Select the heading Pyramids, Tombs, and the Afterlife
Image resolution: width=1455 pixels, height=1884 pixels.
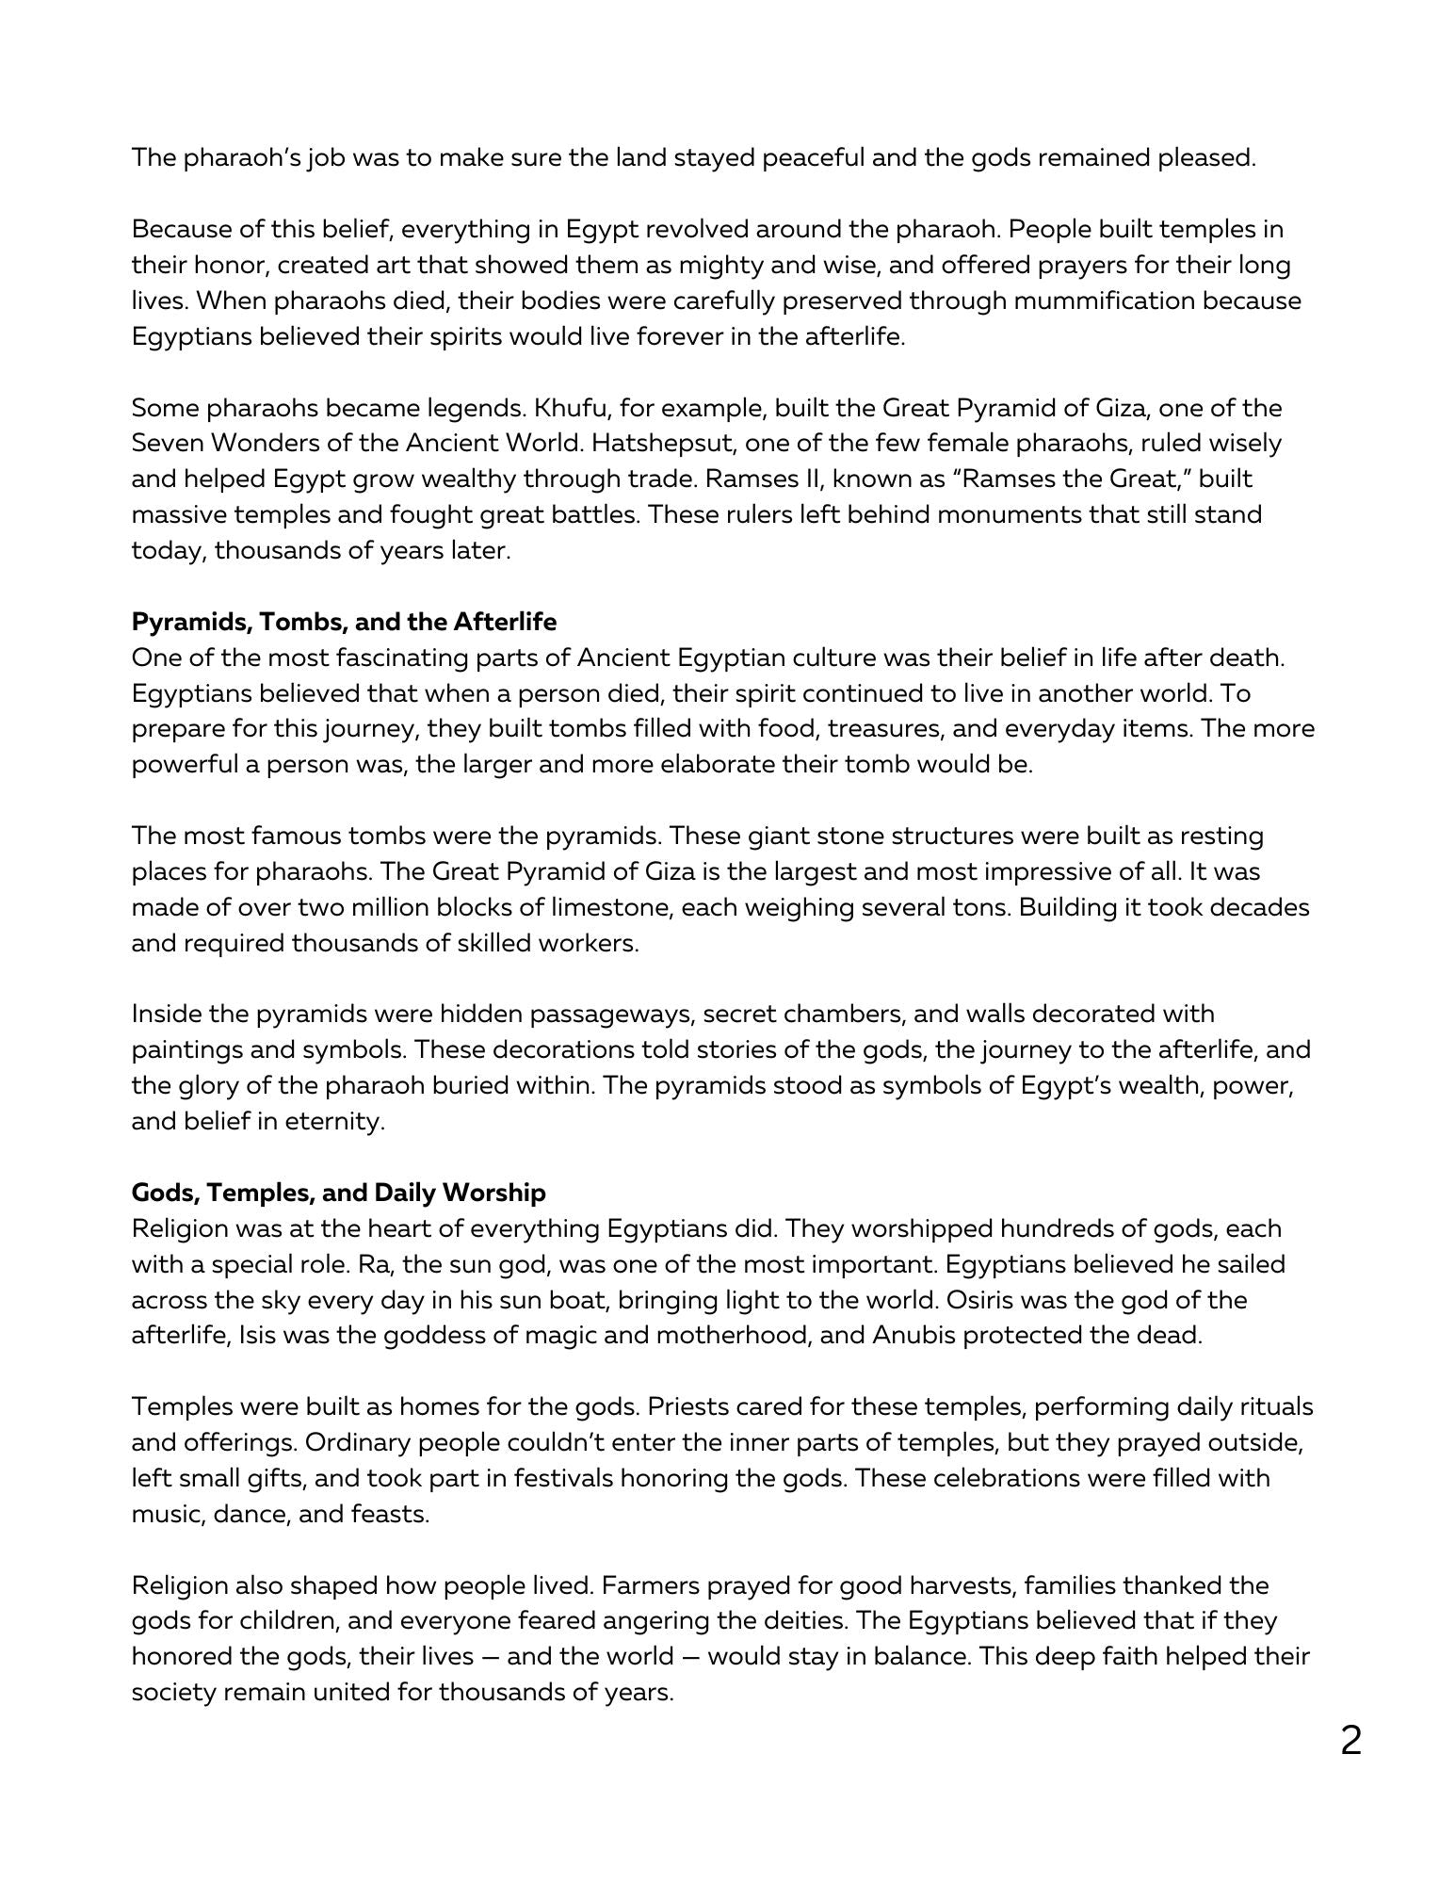(344, 622)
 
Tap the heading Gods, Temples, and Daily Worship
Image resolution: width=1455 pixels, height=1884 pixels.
(338, 1193)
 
